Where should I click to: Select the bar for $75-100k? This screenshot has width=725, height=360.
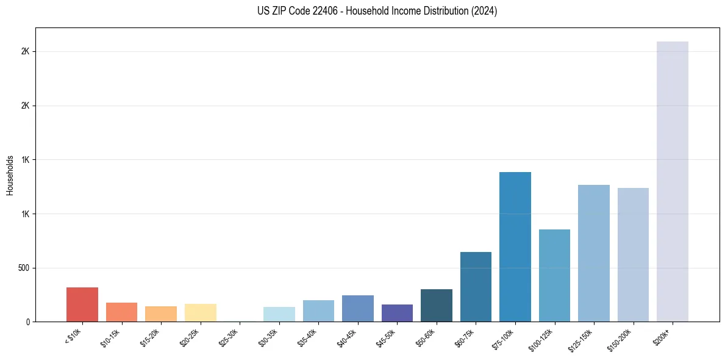[x=515, y=247]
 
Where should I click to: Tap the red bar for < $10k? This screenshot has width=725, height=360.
[x=82, y=304]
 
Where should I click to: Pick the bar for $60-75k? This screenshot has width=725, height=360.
[x=476, y=287]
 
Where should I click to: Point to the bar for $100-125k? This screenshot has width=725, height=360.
[x=554, y=275]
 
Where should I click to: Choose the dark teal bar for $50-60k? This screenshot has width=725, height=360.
[x=437, y=305]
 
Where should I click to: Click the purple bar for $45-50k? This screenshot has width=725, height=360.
[x=397, y=313]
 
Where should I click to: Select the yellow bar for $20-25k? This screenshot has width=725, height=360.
[x=201, y=312]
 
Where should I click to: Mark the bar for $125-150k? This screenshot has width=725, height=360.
[x=594, y=253]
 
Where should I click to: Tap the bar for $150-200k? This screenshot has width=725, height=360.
[x=633, y=254]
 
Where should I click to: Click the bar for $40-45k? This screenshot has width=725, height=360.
[x=358, y=308]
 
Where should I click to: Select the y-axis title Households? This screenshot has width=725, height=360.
[x=10, y=175]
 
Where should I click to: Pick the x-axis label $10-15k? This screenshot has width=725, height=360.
[x=109, y=337]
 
